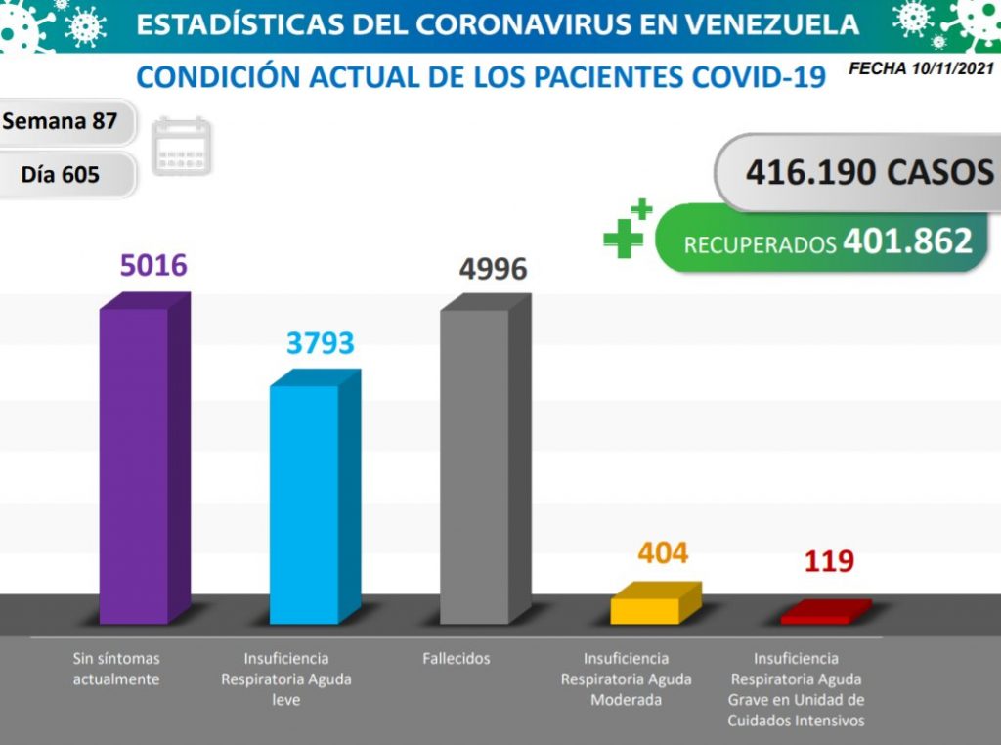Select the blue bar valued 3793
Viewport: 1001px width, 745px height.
click(304, 504)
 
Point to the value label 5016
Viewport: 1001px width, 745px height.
click(153, 265)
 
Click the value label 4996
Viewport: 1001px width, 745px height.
click(494, 269)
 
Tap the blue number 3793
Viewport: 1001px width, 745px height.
click(320, 343)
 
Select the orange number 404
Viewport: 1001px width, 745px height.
click(663, 553)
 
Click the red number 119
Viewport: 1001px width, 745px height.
click(829, 561)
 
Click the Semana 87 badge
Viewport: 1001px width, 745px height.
click(61, 122)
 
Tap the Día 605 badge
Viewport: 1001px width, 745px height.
click(61, 175)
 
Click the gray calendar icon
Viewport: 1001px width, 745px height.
click(182, 147)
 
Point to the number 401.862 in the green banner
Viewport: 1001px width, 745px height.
click(909, 241)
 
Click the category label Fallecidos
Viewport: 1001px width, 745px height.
click(457, 659)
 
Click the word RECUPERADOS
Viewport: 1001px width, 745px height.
click(759, 244)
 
